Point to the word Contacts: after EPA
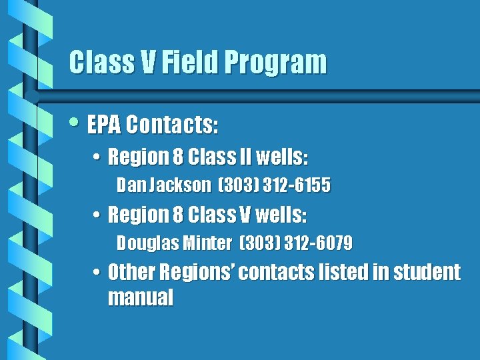pos(173,124)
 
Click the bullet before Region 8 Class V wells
pos(97,216)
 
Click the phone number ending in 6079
pos(318,243)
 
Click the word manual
pos(140,297)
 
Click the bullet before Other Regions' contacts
pos(97,273)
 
